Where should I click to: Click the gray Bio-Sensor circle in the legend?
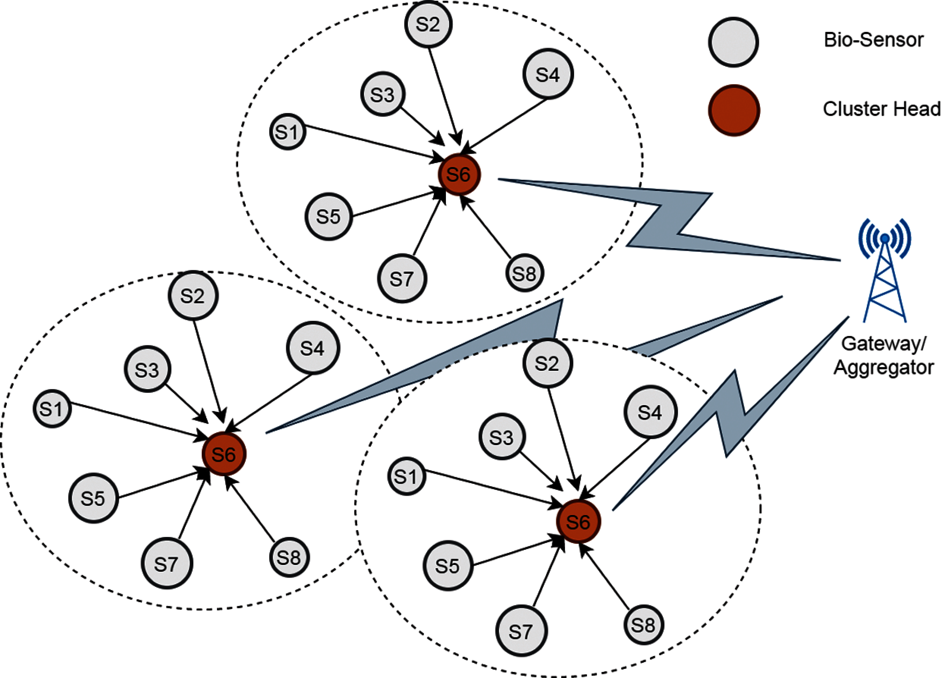coord(733,42)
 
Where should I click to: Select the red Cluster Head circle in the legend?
coord(733,110)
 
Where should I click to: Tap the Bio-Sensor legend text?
coord(873,40)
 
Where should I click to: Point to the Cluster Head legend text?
coord(882,109)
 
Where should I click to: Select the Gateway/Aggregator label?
coord(884,356)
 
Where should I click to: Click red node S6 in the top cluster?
coord(459,174)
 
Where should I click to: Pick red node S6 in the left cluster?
coord(224,454)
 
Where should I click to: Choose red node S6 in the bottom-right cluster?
coord(578,521)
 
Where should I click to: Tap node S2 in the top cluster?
coord(428,24)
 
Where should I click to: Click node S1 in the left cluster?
coord(52,409)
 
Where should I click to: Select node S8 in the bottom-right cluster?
coord(643,625)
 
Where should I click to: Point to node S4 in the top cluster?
coord(548,74)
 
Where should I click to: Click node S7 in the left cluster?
coord(166,563)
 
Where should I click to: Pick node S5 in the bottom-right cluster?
coord(447,566)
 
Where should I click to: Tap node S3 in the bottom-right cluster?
coord(501,437)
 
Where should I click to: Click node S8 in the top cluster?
coord(524,273)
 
